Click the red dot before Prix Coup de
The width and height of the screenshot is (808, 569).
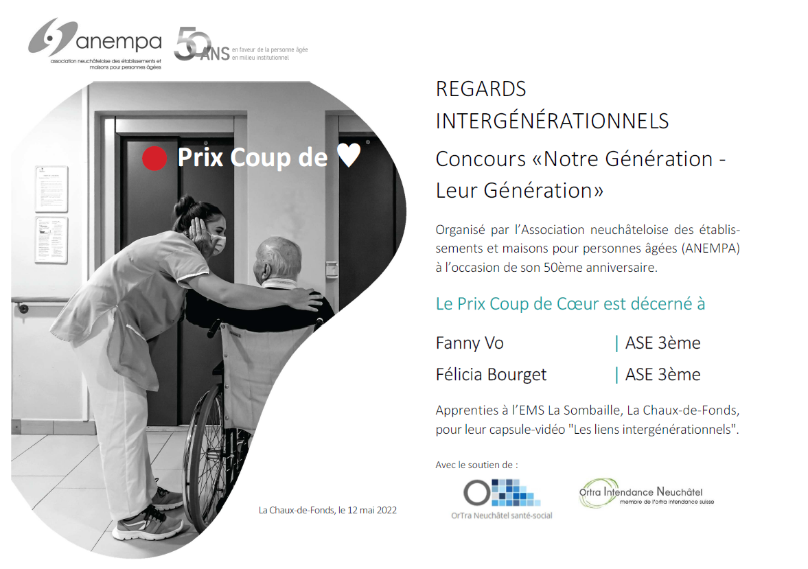click(154, 158)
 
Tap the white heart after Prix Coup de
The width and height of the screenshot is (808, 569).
click(349, 154)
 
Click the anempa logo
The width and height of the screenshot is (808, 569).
click(95, 44)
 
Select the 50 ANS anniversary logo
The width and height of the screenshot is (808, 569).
click(241, 45)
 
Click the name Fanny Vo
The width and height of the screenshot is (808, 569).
click(470, 342)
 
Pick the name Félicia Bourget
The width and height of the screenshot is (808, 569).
click(491, 375)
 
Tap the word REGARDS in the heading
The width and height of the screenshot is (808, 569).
click(481, 89)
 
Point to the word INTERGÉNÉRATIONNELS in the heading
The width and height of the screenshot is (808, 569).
click(552, 121)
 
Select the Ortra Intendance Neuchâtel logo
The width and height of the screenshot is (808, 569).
click(647, 493)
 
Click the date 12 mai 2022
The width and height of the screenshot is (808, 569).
click(372, 510)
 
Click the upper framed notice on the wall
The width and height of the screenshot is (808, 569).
click(51, 189)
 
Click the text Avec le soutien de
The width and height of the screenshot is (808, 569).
click(476, 465)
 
